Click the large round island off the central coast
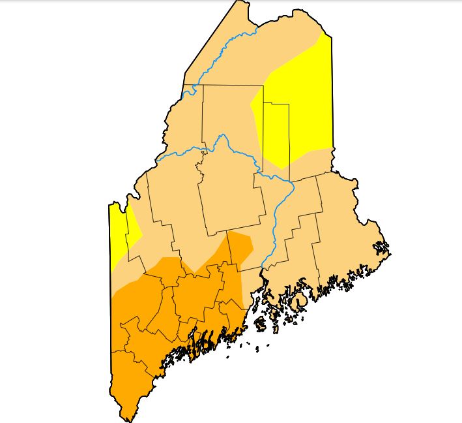pos(300,302)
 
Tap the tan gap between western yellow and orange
pos(130,268)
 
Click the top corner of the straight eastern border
pos(331,36)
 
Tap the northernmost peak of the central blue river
pos(223,136)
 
